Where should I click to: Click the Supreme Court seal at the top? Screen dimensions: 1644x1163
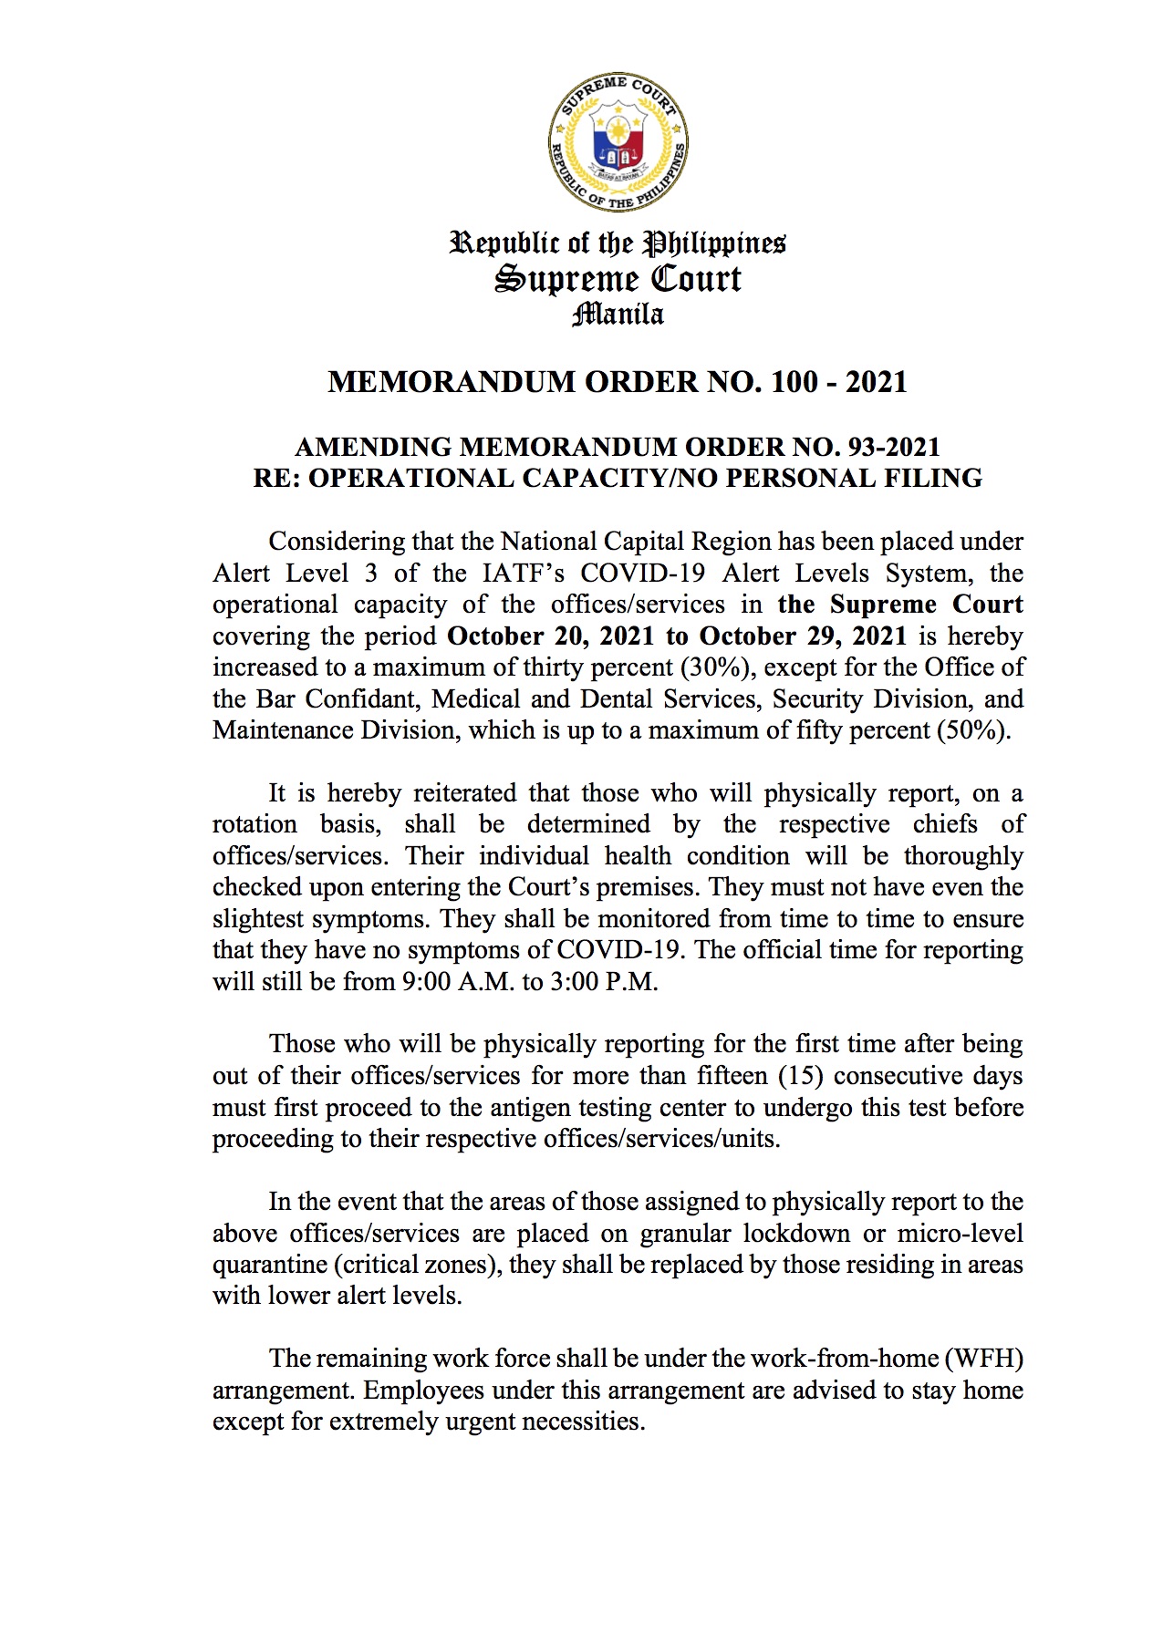click(618, 144)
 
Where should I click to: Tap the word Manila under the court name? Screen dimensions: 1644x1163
click(618, 315)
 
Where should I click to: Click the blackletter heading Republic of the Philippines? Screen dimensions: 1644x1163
click(618, 243)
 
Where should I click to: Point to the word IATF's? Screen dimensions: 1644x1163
click(518, 573)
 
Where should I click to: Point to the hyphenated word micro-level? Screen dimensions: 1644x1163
click(961, 1233)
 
